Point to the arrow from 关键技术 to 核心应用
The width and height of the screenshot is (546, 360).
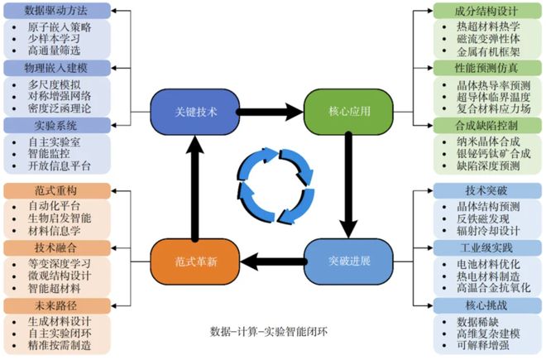266,111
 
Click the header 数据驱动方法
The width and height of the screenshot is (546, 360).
55,12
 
